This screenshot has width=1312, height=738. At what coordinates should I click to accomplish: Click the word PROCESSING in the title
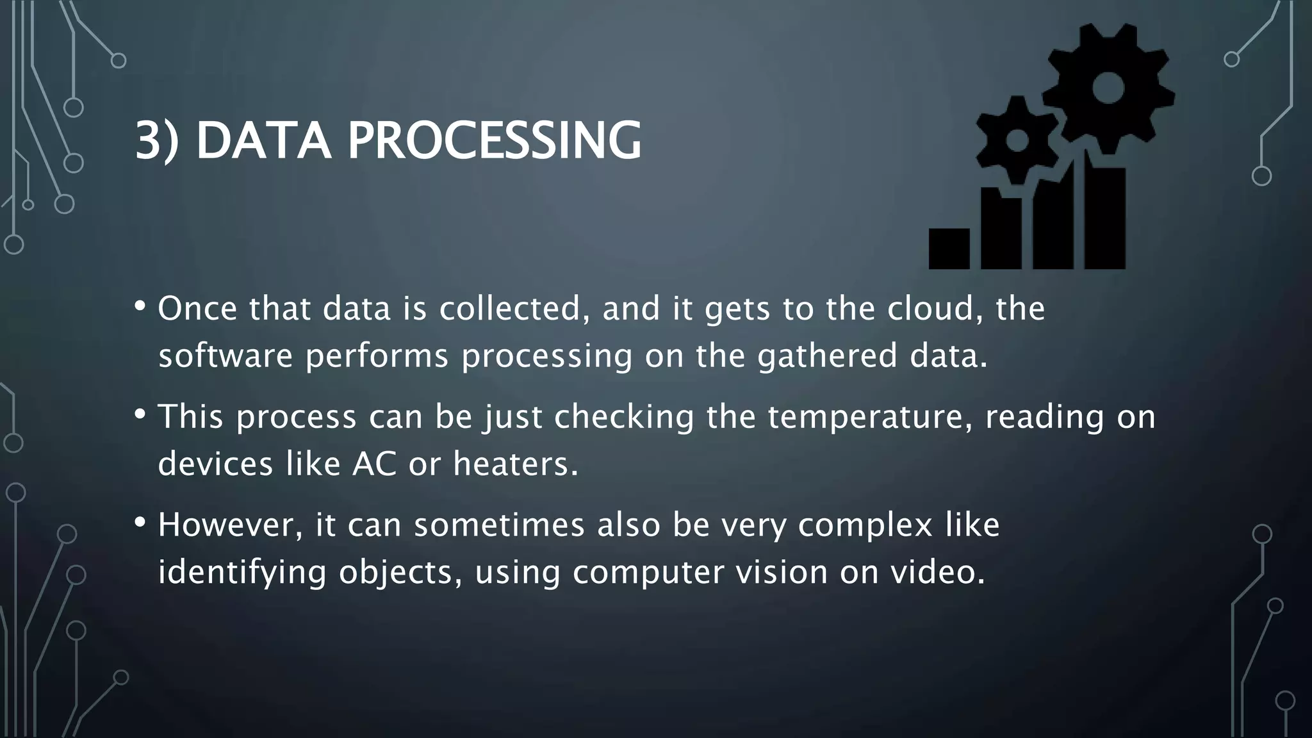494,140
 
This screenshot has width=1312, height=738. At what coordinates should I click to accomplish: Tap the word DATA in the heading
263,140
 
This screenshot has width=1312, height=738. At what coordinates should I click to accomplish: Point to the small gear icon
1017,141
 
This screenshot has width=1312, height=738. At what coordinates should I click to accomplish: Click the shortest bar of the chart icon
949,249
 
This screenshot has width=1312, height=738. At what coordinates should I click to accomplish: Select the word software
225,356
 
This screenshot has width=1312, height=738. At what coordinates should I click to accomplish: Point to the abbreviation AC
374,463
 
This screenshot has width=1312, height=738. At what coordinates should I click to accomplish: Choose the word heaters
516,463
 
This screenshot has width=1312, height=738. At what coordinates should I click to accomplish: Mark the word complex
865,526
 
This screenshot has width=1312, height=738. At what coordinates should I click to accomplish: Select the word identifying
242,572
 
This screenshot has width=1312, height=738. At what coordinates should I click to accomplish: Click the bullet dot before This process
140,414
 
